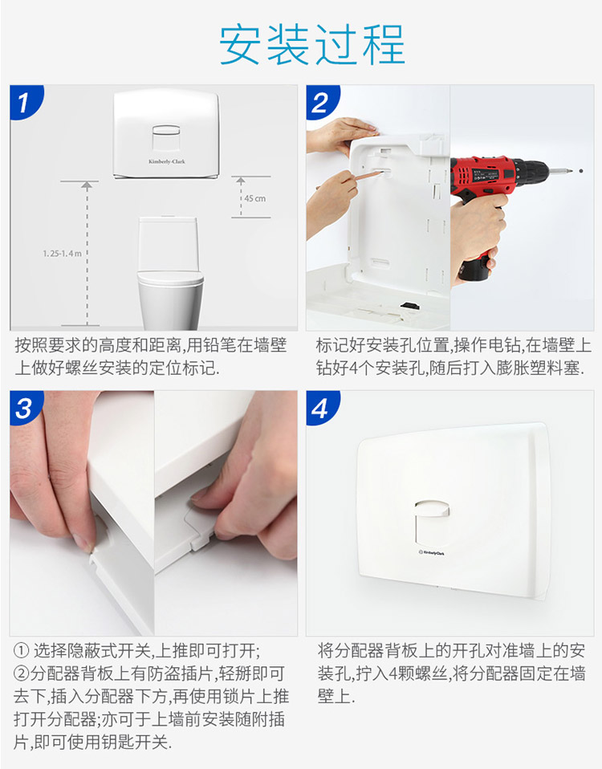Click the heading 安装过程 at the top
tap(311, 45)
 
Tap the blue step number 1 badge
tap(25, 102)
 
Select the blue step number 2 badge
tap(321, 102)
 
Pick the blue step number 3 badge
tap(25, 408)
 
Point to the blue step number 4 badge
tap(321, 408)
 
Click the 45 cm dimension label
tap(255, 198)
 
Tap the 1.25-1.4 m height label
tap(62, 254)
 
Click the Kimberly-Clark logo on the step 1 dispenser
tap(167, 161)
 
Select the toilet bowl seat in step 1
tap(170, 279)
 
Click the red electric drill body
tap(490, 174)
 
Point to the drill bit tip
tap(581, 171)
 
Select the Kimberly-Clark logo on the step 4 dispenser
tap(432, 553)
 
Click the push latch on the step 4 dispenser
tap(431, 509)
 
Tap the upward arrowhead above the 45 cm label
tap(241, 181)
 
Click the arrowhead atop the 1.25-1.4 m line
tap(87, 186)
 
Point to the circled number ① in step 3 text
tap(21, 651)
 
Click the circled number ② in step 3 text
tap(21, 673)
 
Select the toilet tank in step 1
tap(168, 242)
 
